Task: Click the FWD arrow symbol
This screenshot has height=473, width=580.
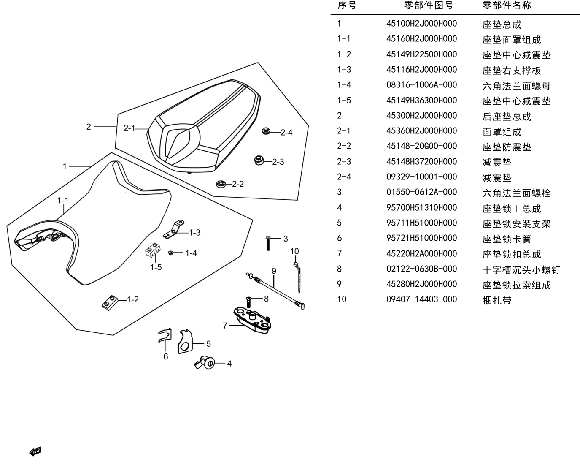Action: coord(35,451)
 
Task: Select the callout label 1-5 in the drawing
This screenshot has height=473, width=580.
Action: coord(156,267)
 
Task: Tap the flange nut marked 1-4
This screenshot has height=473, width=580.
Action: coord(171,253)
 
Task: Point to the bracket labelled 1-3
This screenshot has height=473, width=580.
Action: coord(173,230)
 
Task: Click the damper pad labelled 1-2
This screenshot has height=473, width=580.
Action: coord(110,302)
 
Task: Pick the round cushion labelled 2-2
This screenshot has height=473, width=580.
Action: coord(221,184)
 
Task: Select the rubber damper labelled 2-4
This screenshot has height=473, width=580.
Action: coord(266,131)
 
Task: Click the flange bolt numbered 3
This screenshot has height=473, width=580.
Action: coord(268,243)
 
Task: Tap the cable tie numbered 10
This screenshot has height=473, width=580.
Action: coord(297,277)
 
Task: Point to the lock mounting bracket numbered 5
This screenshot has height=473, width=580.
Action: coord(185,342)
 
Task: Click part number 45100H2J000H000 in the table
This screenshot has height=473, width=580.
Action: coord(421,24)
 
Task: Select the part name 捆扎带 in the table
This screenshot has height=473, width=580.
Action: coord(497,300)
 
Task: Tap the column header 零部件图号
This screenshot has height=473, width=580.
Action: coord(429,5)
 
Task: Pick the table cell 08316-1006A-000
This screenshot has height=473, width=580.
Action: coord(421,85)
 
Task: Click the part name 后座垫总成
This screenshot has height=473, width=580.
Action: coord(507,117)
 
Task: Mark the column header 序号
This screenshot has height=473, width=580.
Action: coord(347,5)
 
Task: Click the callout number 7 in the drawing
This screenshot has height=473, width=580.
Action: coord(225,326)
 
